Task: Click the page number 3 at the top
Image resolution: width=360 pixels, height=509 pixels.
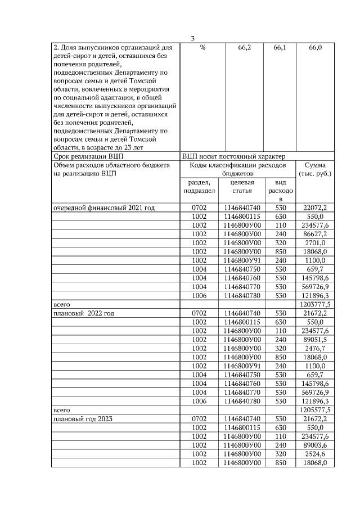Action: tap(193, 38)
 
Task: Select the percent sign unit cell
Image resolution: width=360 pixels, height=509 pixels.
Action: tap(202, 49)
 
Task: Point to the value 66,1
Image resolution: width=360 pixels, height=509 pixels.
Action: tap(280, 49)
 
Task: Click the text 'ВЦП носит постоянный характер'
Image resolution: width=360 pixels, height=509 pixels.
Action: tap(233, 156)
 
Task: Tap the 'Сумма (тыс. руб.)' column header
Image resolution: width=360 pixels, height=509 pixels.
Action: tap(316, 170)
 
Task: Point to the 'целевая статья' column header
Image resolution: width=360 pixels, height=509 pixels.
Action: tap(242, 187)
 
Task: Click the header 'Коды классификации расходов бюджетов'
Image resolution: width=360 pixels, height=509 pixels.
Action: tap(238, 170)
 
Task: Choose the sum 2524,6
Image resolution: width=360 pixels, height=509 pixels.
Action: tap(316, 453)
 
